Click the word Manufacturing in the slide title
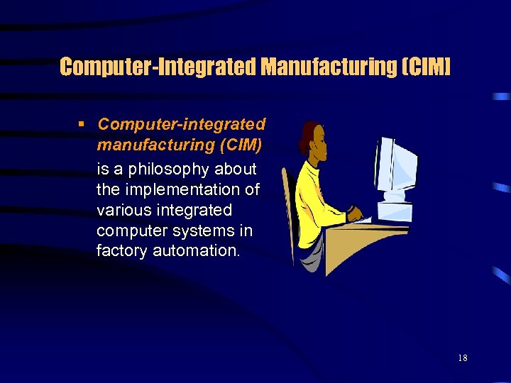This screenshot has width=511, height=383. coord(326,67)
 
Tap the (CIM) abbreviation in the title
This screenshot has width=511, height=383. coord(425,67)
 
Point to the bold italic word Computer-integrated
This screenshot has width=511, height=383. coord(182,125)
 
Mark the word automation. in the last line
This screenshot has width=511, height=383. coord(199,251)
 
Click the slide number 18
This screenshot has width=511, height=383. coord(463,358)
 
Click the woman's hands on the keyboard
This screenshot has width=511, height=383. coord(355,213)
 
